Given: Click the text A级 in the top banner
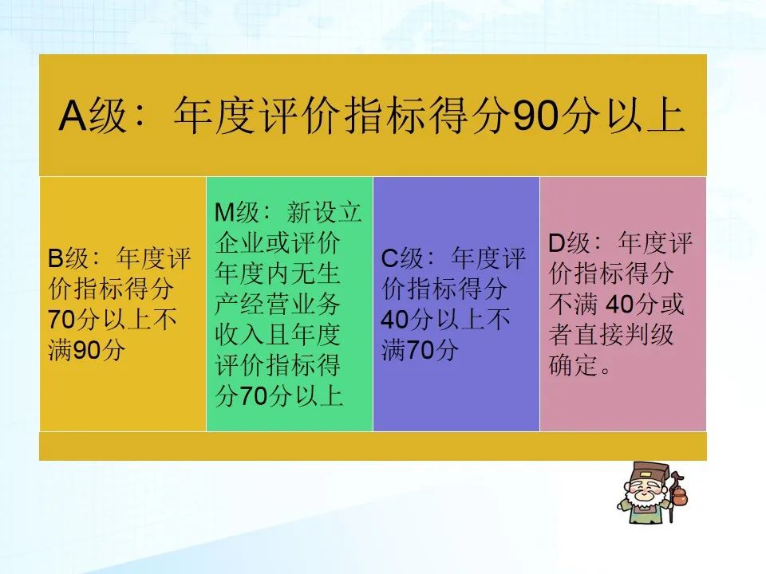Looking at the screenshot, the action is coord(93,116).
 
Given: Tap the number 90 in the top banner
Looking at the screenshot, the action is coord(535,116).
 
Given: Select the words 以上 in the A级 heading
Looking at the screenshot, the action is coord(646,116).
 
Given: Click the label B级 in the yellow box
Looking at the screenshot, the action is coord(68,258).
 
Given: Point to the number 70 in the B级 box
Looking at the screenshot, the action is coord(61,320).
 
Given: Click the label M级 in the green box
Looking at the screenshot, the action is coord(237,212).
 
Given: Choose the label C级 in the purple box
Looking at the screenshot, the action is coord(401,258).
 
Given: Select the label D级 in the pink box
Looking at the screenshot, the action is coord(569,242).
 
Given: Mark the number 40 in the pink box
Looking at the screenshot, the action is coord(619,304).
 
